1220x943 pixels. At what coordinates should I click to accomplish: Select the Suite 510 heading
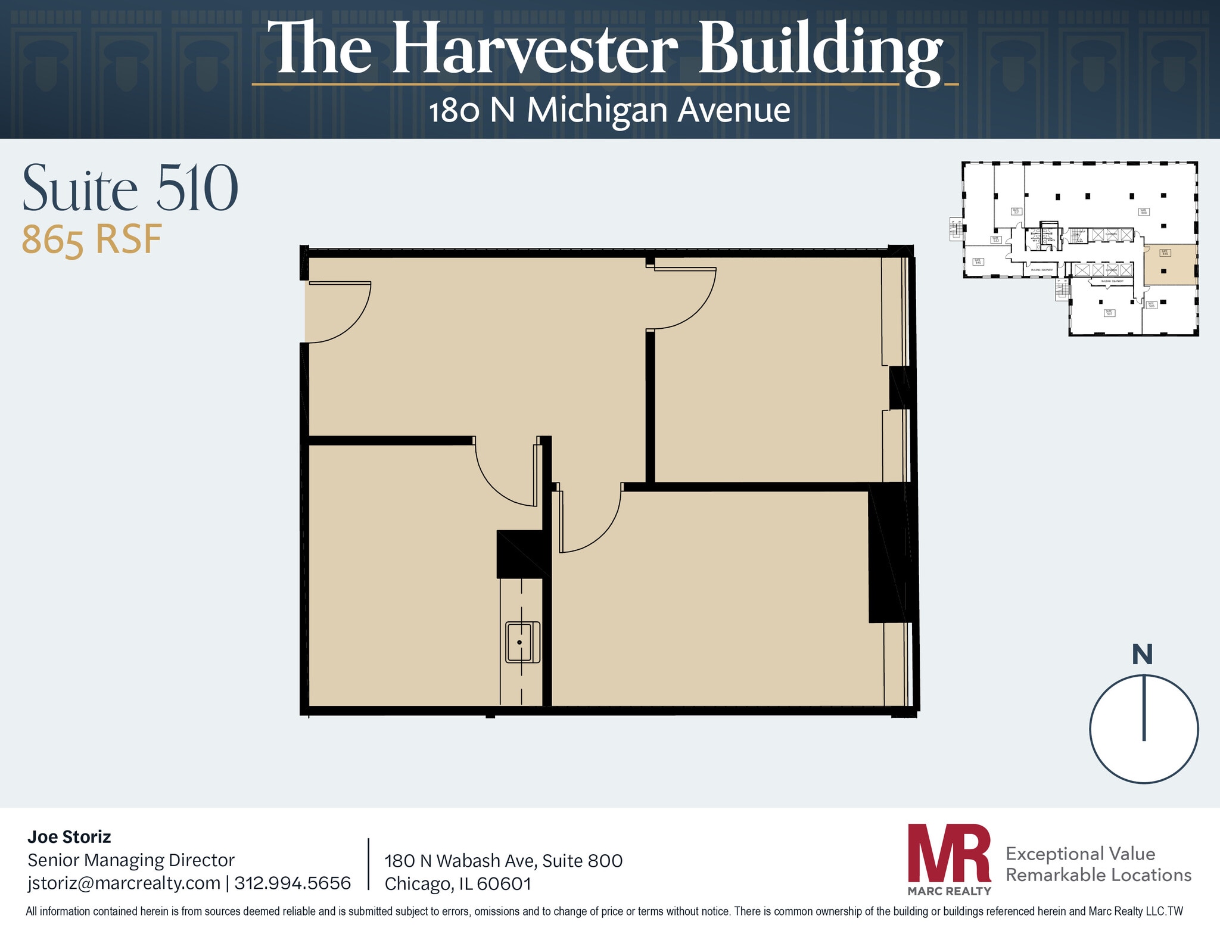[130, 189]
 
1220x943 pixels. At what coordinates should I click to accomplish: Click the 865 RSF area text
[92, 239]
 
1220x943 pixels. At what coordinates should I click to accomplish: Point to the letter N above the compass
[1142, 655]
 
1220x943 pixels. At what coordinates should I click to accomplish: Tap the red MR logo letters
[949, 853]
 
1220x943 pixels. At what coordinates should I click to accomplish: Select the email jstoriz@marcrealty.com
[124, 883]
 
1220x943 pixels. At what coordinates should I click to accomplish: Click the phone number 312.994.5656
[292, 883]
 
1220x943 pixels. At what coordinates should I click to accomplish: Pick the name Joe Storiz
[69, 837]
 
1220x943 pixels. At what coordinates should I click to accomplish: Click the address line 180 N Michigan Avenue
[609, 110]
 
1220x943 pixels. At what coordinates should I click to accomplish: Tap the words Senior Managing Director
[131, 860]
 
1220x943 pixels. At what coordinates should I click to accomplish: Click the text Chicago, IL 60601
[457, 883]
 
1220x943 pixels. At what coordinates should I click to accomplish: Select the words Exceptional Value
[1080, 854]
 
